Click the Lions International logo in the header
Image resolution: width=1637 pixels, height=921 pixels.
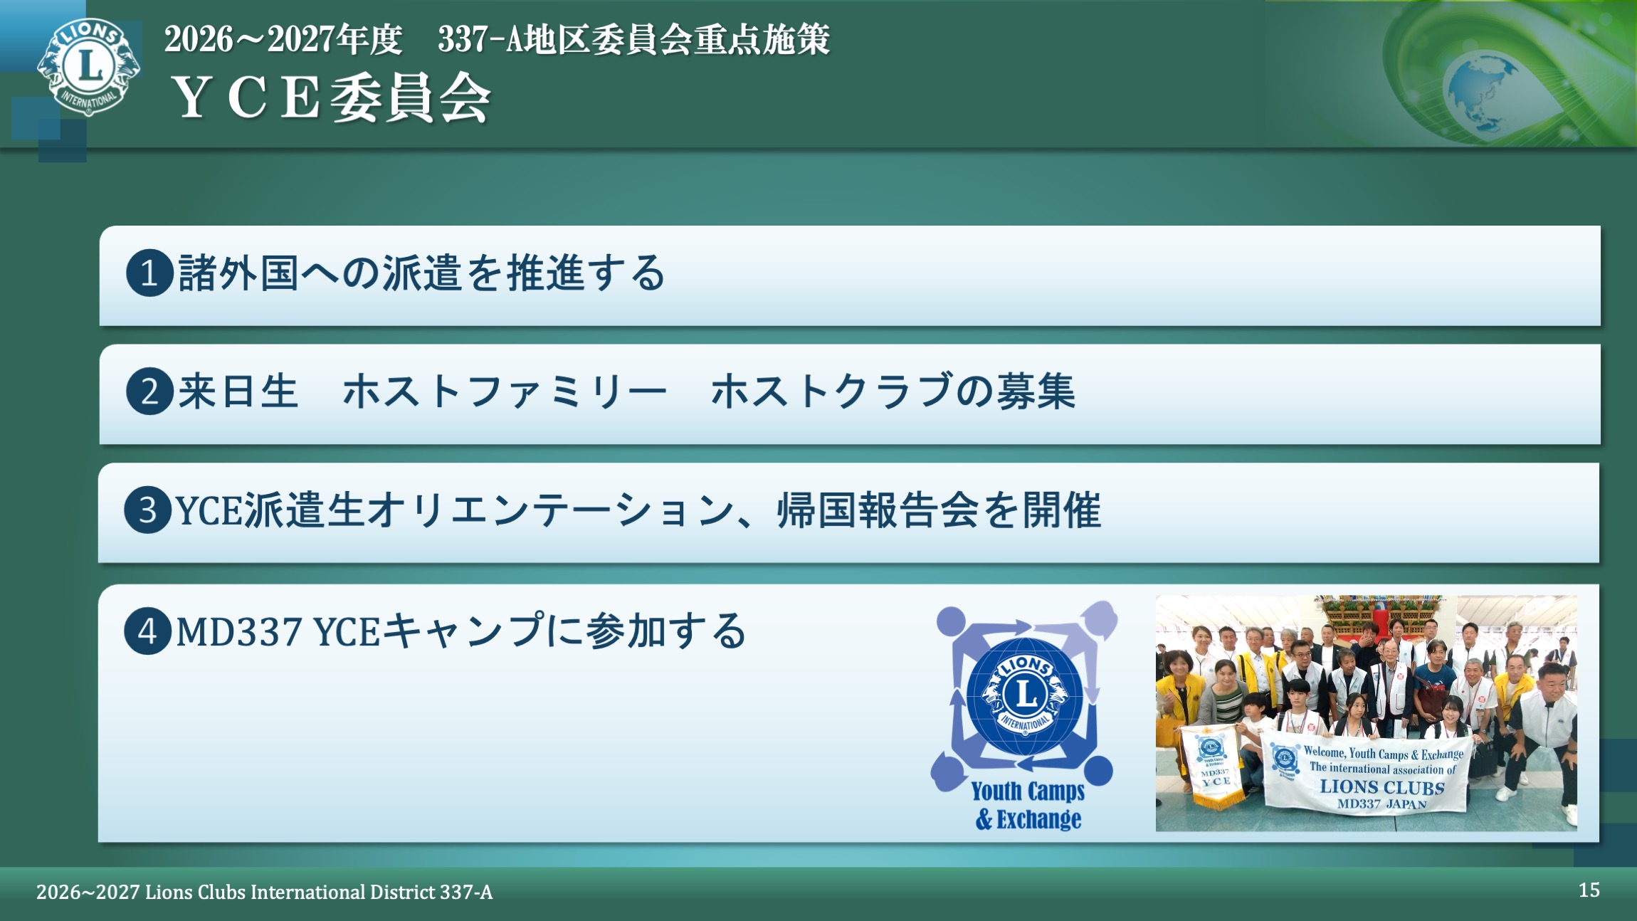coord(89,66)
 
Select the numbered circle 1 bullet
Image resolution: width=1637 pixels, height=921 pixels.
coord(149,273)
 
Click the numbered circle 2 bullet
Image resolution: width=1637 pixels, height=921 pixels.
coord(149,391)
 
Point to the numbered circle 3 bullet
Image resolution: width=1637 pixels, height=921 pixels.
coord(148,510)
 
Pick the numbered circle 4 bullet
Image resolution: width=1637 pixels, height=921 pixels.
coord(148,631)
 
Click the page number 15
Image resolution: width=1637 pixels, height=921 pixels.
coord(1589,890)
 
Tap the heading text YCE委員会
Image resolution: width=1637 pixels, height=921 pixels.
coord(332,98)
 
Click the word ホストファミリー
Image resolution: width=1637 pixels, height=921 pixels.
coord(505,391)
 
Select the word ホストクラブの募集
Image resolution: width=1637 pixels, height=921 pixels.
coord(893,391)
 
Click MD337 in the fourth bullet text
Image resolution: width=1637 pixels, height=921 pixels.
coord(238,632)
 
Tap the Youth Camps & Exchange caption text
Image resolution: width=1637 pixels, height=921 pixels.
coord(1028,805)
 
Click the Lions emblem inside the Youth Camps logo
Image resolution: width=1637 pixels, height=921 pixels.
coord(1025,696)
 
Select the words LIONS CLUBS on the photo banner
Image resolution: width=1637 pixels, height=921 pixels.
coord(1381,786)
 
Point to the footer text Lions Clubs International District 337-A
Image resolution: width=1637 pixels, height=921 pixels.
coord(319,892)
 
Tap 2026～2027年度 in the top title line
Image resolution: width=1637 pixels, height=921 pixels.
coord(283,39)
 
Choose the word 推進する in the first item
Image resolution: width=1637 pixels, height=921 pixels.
coord(585,273)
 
